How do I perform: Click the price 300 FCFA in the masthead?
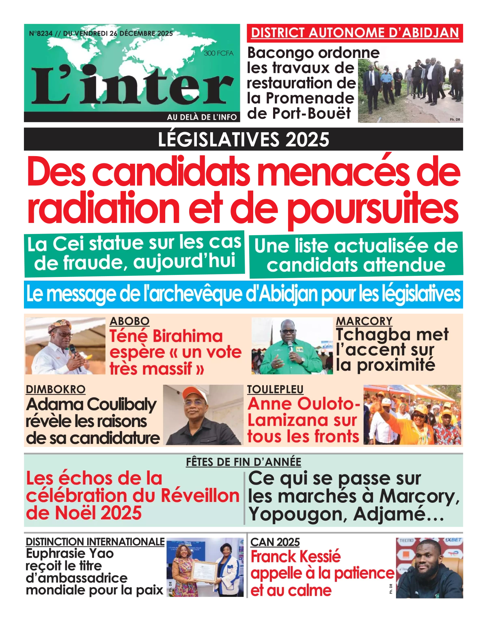click(218, 53)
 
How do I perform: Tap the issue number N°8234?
click(41, 34)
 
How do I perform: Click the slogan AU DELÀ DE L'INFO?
click(202, 117)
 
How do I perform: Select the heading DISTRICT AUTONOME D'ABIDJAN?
click(355, 33)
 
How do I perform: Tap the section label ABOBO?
click(129, 321)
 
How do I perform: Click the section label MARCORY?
click(364, 321)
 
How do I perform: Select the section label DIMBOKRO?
click(56, 389)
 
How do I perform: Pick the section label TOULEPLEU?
click(275, 389)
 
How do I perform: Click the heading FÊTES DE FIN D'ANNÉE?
click(243, 462)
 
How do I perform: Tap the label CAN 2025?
click(275, 542)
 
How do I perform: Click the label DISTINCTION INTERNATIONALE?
click(95, 542)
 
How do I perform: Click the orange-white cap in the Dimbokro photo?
click(194, 392)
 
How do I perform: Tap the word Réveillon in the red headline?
click(200, 495)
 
